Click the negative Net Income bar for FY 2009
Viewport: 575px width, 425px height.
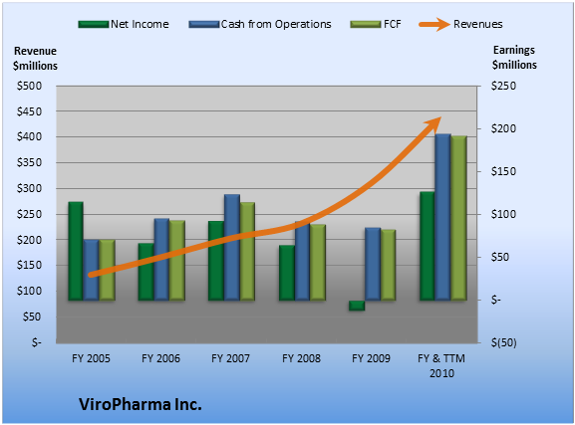click(x=357, y=306)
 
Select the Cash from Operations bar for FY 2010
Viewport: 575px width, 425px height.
click(x=443, y=217)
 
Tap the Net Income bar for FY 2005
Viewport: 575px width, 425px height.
click(x=76, y=251)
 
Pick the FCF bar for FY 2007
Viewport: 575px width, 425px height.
click(x=247, y=252)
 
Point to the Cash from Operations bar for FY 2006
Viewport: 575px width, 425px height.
click(x=161, y=260)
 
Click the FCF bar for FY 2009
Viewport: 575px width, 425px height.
click(x=388, y=265)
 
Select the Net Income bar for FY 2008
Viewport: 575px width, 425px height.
click(x=287, y=273)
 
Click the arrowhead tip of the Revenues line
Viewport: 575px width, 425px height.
click(x=441, y=117)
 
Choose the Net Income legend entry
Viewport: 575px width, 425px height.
click(x=124, y=24)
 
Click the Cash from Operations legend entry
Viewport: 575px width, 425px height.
click(x=260, y=24)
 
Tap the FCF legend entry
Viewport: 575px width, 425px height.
click(x=376, y=24)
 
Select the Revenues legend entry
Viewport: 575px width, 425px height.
click(x=460, y=24)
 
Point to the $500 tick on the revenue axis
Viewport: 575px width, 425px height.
click(x=29, y=87)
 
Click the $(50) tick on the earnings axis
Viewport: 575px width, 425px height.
click(x=504, y=342)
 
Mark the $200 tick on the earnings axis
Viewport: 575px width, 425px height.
click(x=503, y=128)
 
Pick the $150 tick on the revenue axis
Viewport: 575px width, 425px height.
click(x=29, y=266)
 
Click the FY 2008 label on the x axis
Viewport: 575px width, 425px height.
click(x=301, y=358)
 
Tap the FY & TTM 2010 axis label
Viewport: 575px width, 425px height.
click(x=441, y=365)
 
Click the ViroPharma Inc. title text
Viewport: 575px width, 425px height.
click(x=141, y=404)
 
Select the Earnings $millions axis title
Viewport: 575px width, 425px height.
click(x=514, y=57)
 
